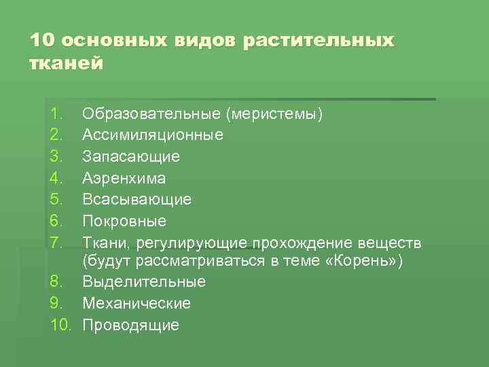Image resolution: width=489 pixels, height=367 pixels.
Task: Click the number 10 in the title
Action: [40, 40]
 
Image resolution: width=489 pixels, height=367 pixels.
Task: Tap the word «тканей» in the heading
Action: [67, 64]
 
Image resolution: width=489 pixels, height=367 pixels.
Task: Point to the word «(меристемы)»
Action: [275, 113]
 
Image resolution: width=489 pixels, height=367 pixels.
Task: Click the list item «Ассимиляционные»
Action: [153, 135]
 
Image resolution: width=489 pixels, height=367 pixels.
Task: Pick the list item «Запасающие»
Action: [131, 156]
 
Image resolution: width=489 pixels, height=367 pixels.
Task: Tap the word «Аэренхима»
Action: [124, 178]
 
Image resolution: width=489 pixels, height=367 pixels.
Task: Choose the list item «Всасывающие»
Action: [137, 199]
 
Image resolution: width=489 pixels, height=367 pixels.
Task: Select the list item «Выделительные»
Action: [144, 281]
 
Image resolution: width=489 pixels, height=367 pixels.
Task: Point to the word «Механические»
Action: [137, 303]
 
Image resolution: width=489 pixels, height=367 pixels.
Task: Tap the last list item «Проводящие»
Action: [131, 325]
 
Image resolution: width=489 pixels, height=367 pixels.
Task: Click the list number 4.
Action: [56, 178]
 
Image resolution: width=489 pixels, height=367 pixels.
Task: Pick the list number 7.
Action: [56, 243]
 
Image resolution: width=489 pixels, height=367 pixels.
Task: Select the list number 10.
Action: [60, 325]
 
